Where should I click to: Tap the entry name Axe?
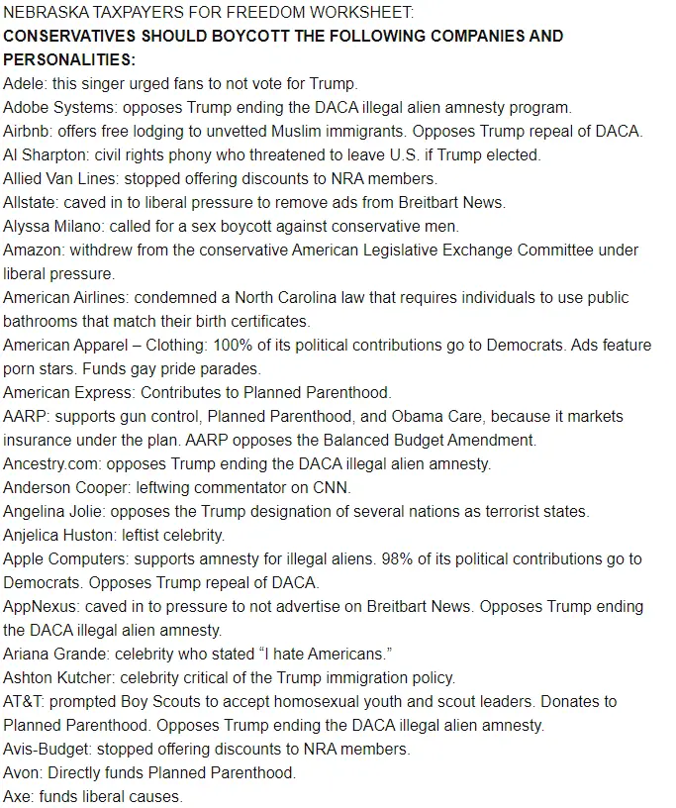[17, 797]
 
